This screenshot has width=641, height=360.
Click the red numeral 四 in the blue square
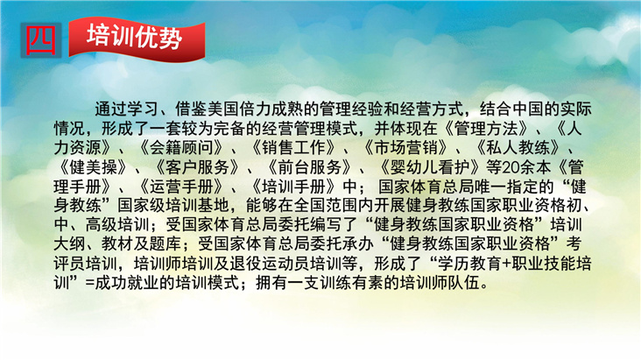coord(41,40)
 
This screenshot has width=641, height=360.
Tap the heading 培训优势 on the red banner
coord(135,37)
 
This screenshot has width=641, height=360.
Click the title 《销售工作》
coord(294,148)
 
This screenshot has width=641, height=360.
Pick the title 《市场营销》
coord(406,148)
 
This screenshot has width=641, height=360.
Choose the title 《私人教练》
coord(518,148)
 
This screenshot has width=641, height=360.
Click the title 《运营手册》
coord(181,187)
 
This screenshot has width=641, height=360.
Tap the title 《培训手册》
coord(294,187)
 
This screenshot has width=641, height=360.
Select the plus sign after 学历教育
coord(506,265)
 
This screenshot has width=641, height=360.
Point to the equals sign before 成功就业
coord(90,284)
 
